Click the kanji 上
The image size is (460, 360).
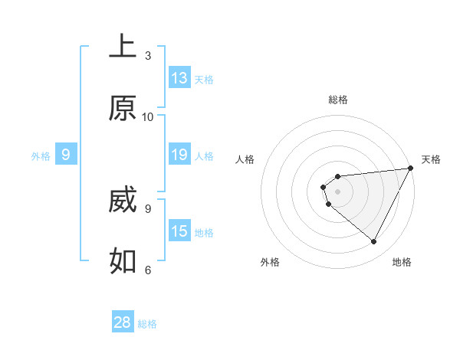[123, 47]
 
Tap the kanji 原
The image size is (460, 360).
[123, 109]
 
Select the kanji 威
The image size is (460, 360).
[123, 201]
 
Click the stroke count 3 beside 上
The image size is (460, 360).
[148, 56]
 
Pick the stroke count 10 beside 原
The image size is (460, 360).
[148, 116]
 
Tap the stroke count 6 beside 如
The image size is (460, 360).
[148, 270]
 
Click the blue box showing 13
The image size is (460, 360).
[179, 78]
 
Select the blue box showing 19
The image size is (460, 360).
[179, 155]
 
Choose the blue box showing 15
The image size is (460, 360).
[179, 231]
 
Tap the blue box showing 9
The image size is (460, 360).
[66, 155]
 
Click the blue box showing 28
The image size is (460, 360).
[123, 322]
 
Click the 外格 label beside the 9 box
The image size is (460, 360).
[41, 156]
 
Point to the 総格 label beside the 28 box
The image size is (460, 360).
[147, 324]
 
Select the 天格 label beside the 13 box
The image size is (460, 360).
[204, 80]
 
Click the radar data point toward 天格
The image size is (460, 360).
[411, 169]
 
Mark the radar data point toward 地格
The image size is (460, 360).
[374, 241]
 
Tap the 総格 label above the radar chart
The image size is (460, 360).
[338, 100]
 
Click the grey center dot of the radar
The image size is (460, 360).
[337, 191]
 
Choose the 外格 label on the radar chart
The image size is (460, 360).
[270, 262]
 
